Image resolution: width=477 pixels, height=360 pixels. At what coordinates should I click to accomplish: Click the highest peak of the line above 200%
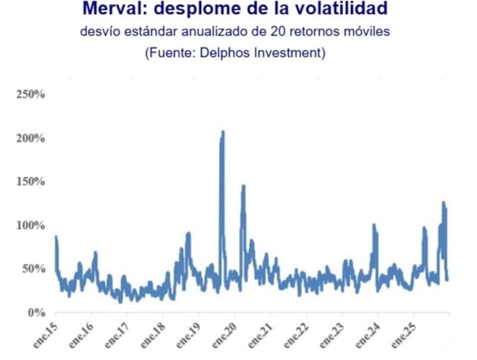223,132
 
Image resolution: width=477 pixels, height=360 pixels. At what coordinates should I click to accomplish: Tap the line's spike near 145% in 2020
243,187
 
